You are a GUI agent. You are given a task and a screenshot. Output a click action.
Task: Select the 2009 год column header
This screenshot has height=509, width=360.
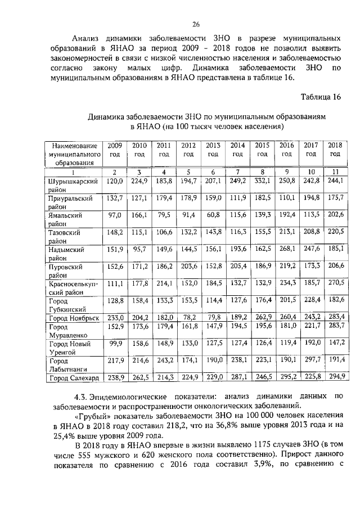point(115,150)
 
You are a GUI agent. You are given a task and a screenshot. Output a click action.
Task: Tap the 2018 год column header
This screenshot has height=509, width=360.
point(335,150)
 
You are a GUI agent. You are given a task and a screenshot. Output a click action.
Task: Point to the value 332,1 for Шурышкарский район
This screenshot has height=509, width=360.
point(262,181)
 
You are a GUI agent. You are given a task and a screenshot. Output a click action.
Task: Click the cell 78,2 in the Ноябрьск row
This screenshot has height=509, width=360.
point(188,318)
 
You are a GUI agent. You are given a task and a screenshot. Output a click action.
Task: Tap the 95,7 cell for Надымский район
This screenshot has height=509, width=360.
point(139,250)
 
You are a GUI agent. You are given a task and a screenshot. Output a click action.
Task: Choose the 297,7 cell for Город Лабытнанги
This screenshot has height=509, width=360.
point(310,359)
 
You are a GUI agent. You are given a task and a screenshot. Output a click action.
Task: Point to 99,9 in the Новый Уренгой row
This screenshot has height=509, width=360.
point(115,343)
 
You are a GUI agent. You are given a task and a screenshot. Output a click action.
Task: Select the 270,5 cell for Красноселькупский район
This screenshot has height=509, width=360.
point(335,284)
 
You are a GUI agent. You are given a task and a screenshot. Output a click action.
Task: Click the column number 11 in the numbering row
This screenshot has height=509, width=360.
point(335,172)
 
